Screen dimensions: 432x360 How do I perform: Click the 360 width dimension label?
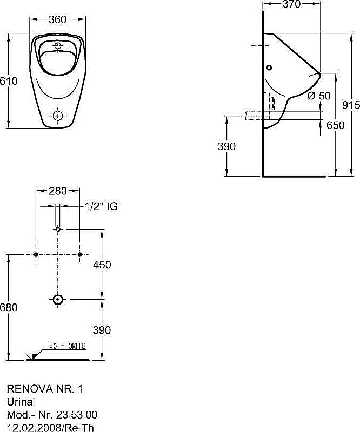57,20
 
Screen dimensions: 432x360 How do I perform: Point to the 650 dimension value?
335,125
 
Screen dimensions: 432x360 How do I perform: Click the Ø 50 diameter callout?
318,96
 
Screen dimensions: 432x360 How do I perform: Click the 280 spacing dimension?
58,191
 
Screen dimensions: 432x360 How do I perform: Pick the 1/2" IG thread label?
102,206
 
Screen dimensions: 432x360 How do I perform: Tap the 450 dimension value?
102,265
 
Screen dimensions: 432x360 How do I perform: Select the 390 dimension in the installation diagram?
102,330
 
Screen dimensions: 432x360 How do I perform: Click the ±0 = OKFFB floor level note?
68,345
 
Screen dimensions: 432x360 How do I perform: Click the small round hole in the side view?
270,68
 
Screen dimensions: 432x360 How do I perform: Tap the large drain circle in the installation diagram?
58,299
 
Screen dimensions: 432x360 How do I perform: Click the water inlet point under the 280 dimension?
58,230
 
